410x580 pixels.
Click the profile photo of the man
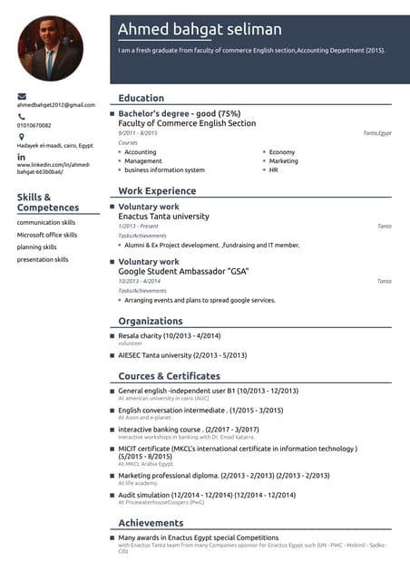50,48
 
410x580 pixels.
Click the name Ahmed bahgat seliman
200,30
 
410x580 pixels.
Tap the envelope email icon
22,96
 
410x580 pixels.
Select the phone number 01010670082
34,125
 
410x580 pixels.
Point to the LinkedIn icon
22,156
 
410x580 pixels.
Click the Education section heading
142,98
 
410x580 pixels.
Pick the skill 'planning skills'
37,246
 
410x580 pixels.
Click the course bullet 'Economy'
282,152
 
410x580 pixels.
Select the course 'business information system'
164,169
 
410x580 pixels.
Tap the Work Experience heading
157,191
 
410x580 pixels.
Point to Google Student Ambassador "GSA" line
183,272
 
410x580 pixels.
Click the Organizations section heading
151,321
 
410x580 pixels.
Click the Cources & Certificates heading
170,376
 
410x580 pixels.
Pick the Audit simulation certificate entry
207,495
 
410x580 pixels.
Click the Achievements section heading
151,523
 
